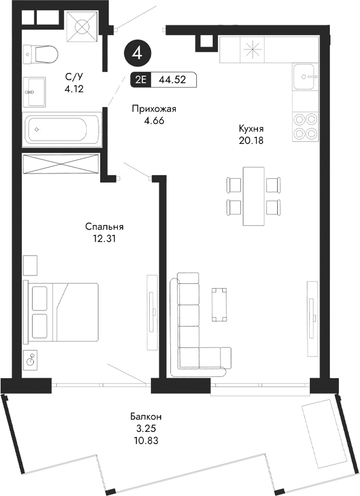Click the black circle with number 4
click(138, 53)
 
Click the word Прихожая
click(154, 109)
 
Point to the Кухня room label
click(252, 129)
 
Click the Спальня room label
click(104, 227)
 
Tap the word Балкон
click(146, 417)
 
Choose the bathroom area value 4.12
click(74, 88)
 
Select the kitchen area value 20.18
click(252, 141)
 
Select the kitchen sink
click(306, 77)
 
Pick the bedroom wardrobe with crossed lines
click(60, 164)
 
